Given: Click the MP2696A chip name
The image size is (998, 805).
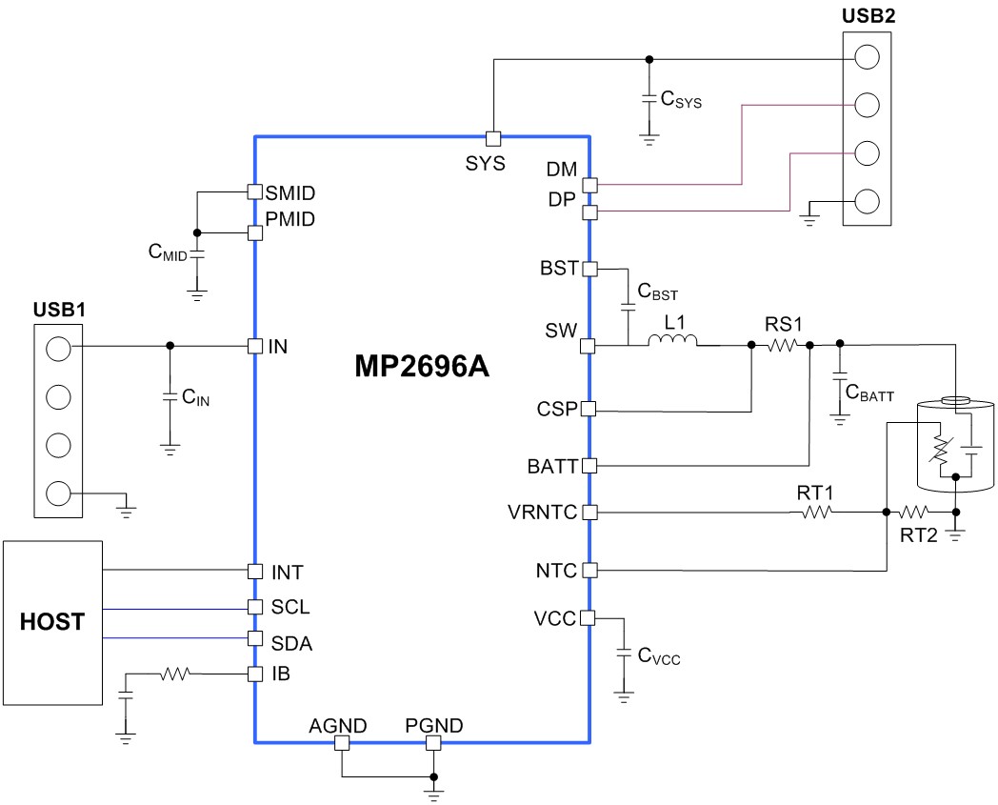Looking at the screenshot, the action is point(421,366).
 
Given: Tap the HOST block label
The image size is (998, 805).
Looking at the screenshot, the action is point(51,621).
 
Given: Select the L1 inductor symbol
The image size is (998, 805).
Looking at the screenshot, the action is point(672,340).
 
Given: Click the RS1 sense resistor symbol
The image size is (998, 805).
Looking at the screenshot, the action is point(782,345).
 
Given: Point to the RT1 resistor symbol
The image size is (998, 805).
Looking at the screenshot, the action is point(817,512).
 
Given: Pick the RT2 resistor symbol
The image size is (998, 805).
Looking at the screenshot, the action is point(913,512).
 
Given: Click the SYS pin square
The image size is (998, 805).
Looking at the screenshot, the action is point(493,138).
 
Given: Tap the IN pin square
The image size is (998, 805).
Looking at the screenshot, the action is point(254,346).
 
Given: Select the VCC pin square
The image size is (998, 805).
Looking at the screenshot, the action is point(588,617).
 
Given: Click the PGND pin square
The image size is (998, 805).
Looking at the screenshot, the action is point(433,742).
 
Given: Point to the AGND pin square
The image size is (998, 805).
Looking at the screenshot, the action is point(342,742).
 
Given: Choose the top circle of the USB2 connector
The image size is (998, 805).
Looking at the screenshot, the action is point(867,57).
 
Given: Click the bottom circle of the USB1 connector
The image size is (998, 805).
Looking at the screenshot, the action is point(58,493).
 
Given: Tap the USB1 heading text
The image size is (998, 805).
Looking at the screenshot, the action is point(58,311).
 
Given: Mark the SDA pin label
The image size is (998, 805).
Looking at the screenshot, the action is point(291,644).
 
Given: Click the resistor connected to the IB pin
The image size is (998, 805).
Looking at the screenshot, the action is point(175,674).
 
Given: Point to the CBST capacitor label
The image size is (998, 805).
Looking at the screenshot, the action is point(657,292).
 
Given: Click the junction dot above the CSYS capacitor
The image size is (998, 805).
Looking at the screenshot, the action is point(649,60).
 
